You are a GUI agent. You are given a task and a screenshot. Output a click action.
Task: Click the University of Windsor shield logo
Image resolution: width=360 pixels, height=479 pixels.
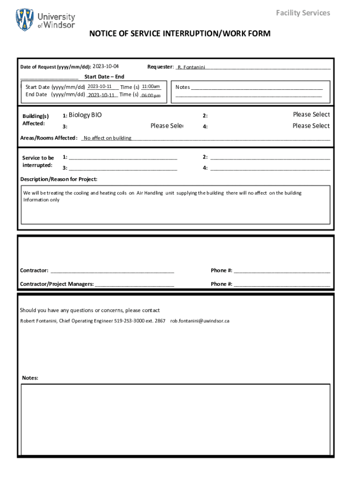coord(25,20)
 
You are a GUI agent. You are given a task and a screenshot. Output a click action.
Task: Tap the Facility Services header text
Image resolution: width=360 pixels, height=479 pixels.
coord(302,13)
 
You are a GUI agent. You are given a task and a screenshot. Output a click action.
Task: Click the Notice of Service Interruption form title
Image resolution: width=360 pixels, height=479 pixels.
coord(180,34)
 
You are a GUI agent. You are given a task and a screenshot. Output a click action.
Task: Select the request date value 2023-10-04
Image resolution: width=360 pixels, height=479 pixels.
coord(106,66)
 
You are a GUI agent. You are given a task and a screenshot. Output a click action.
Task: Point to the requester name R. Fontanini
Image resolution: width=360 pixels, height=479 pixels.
coord(191,67)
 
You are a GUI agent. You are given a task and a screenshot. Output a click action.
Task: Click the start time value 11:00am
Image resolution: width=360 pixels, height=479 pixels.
coord(151,87)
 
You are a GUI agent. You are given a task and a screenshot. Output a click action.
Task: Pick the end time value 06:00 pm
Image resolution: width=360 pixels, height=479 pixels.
coord(151,95)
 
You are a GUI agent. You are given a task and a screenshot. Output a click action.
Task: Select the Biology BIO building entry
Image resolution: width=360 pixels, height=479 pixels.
coord(85,115)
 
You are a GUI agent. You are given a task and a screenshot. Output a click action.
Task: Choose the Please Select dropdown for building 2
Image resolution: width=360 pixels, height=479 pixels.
coord(311,115)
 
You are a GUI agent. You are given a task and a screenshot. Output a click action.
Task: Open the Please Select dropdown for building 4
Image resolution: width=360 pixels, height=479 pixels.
coord(311,126)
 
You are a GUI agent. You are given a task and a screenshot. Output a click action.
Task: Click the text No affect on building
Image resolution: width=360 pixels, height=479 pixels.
coord(108,138)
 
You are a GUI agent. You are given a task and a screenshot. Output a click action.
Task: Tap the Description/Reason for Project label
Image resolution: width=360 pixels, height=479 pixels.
coord(59,179)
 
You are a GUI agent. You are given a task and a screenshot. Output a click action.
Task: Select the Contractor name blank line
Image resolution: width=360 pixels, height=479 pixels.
coord(112,271)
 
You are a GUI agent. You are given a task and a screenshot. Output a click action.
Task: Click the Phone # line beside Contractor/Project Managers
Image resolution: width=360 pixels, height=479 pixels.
coord(282,284)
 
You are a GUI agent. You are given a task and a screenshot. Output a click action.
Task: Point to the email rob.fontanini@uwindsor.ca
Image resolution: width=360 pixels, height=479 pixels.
coord(200,321)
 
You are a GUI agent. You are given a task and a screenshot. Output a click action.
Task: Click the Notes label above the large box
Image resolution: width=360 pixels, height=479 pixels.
coord(30,378)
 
